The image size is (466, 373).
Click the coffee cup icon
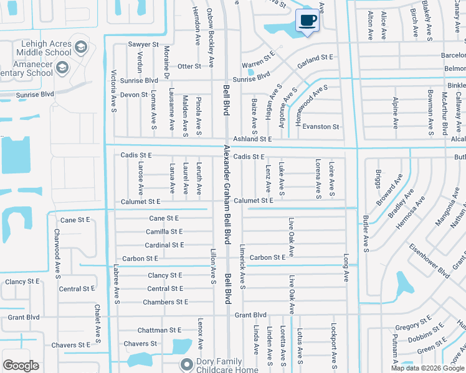pos(307,21)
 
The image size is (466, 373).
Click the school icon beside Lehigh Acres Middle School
pos(81,48)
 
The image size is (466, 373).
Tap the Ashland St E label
pos(253,139)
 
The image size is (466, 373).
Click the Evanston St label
pos(320,127)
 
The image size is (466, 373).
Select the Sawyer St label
pos(143,45)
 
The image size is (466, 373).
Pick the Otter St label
pos(189,66)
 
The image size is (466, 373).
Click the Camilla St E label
pos(164,231)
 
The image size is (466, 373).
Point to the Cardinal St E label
pos(164,246)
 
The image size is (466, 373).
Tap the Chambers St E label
pos(165,302)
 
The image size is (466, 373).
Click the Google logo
pos(21,366)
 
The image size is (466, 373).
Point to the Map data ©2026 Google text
pos(427,368)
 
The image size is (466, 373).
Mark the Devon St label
pos(134,94)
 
